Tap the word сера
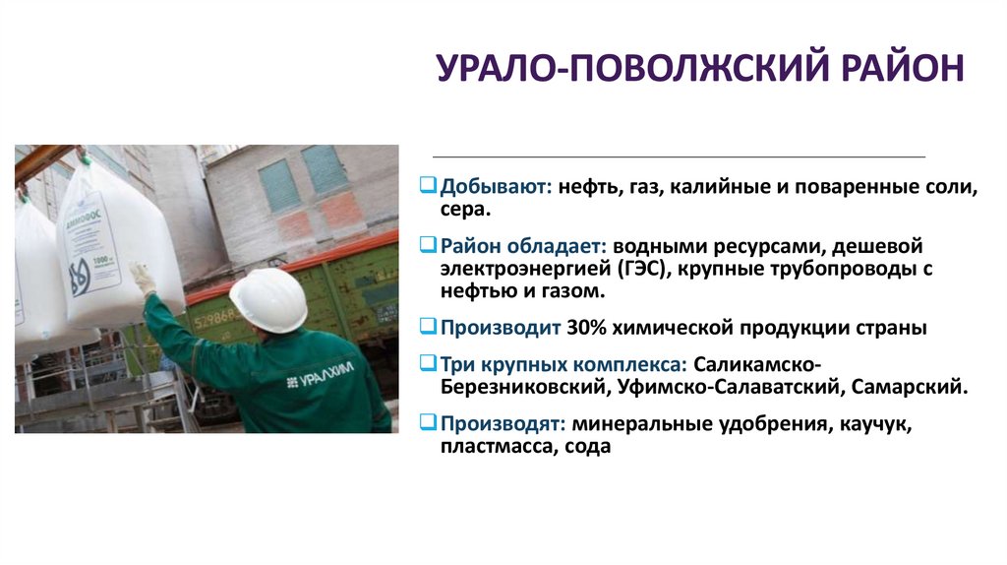click(x=465, y=210)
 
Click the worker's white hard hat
click(x=267, y=299)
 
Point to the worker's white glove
click(x=144, y=278)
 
